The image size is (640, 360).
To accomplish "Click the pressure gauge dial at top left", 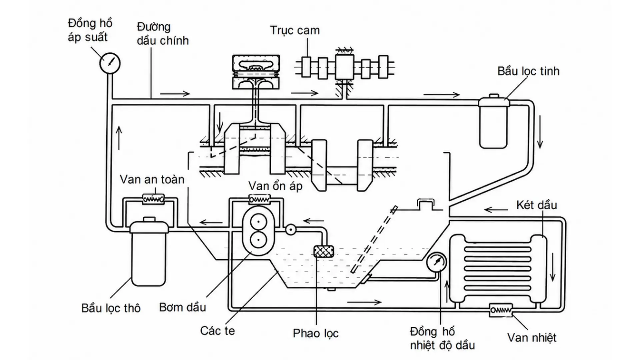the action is point(110,63).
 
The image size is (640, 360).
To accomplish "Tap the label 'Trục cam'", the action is point(295,30).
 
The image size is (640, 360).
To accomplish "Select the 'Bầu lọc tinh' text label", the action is point(528,71).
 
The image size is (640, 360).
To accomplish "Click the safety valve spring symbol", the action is point(153,199).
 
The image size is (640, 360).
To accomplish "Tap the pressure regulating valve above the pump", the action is point(259,199).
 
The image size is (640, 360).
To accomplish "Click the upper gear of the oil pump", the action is point(258,222).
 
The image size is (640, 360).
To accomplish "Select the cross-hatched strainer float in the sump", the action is point(324,251).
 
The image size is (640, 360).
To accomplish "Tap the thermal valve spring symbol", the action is point(501,310).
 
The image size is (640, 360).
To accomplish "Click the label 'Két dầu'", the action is point(537,205).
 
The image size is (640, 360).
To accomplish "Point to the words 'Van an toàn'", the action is point(152,179).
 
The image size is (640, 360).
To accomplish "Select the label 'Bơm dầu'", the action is point(182,307).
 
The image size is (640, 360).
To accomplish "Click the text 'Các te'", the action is point(217,331).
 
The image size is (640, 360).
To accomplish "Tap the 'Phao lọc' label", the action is point(316,333).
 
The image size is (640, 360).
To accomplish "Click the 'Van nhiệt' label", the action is point(532,338).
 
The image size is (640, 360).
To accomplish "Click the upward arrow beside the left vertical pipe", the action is point(119,138).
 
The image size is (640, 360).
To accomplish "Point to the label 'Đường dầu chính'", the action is point(163,34).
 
